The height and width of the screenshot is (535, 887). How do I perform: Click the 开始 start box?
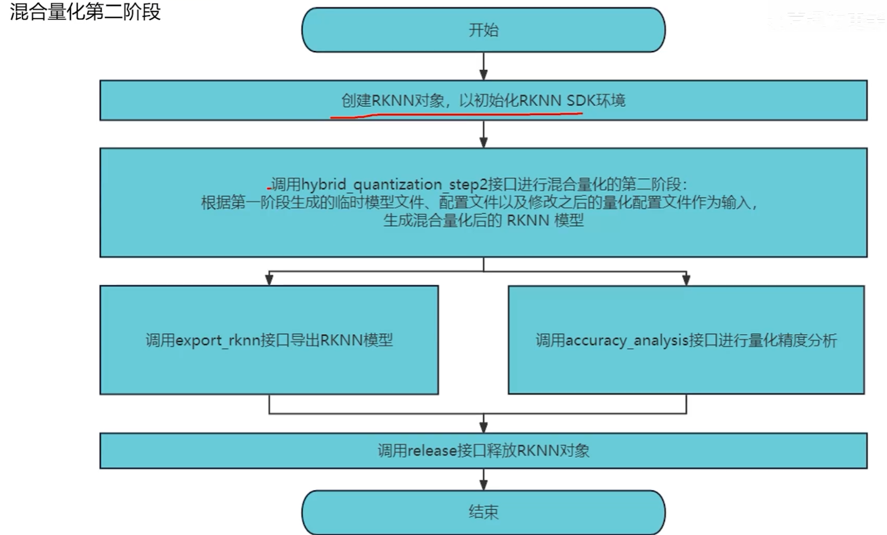(483, 30)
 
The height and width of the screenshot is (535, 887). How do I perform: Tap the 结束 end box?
(483, 512)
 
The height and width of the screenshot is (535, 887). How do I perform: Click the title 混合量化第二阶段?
(85, 12)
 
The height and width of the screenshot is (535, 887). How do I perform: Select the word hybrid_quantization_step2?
(394, 185)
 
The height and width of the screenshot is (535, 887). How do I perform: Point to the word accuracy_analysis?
(627, 341)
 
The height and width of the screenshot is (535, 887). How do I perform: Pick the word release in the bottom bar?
(432, 450)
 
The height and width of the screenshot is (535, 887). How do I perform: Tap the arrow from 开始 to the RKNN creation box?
(484, 67)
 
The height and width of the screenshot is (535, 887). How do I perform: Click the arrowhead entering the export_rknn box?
(269, 279)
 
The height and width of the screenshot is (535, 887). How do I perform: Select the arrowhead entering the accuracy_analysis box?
(686, 279)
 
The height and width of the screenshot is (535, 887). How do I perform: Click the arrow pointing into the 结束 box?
(484, 480)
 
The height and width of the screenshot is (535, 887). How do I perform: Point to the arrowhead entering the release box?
(484, 426)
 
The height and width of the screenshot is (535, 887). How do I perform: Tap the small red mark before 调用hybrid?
(269, 188)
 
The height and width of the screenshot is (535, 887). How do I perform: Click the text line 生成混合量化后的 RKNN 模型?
(483, 221)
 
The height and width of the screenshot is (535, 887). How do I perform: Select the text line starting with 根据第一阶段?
(479, 203)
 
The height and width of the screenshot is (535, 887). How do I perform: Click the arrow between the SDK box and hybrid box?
(484, 135)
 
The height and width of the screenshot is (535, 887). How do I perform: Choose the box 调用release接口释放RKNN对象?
(483, 450)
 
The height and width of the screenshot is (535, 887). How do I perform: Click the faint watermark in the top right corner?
(828, 20)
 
